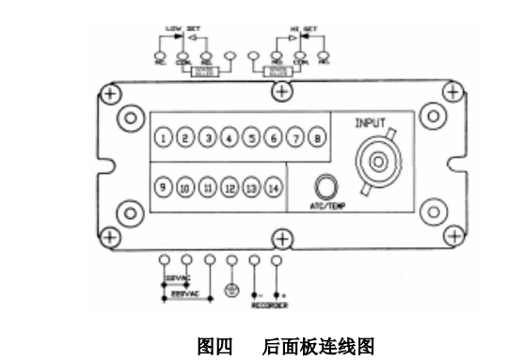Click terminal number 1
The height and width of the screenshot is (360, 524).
pos(165,140)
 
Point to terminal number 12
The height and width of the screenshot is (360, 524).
pos(230,187)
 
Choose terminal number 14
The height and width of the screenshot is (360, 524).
pos(273,187)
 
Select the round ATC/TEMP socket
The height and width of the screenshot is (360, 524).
pos(328,185)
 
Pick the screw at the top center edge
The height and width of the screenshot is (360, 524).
pos(280,91)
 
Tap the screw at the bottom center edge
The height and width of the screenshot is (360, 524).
pos(280,236)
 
